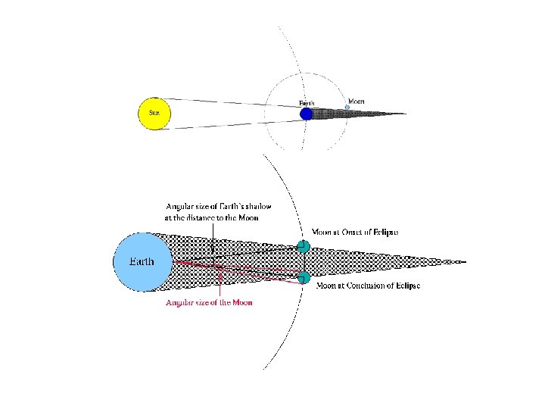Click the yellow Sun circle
(x=154, y=113)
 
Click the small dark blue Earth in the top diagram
(x=306, y=114)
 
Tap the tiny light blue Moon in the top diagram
(x=347, y=107)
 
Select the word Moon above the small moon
(x=356, y=101)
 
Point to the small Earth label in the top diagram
(x=307, y=102)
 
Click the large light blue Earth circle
(x=143, y=262)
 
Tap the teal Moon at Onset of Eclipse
(x=303, y=245)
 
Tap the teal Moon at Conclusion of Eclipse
(x=304, y=277)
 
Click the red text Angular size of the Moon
(x=209, y=303)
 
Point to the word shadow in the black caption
(x=257, y=207)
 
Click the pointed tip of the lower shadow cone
(x=463, y=262)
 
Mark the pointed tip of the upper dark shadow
(x=406, y=114)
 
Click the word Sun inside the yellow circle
(x=154, y=113)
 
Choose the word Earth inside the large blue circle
(x=142, y=262)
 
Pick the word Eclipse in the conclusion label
(x=405, y=286)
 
